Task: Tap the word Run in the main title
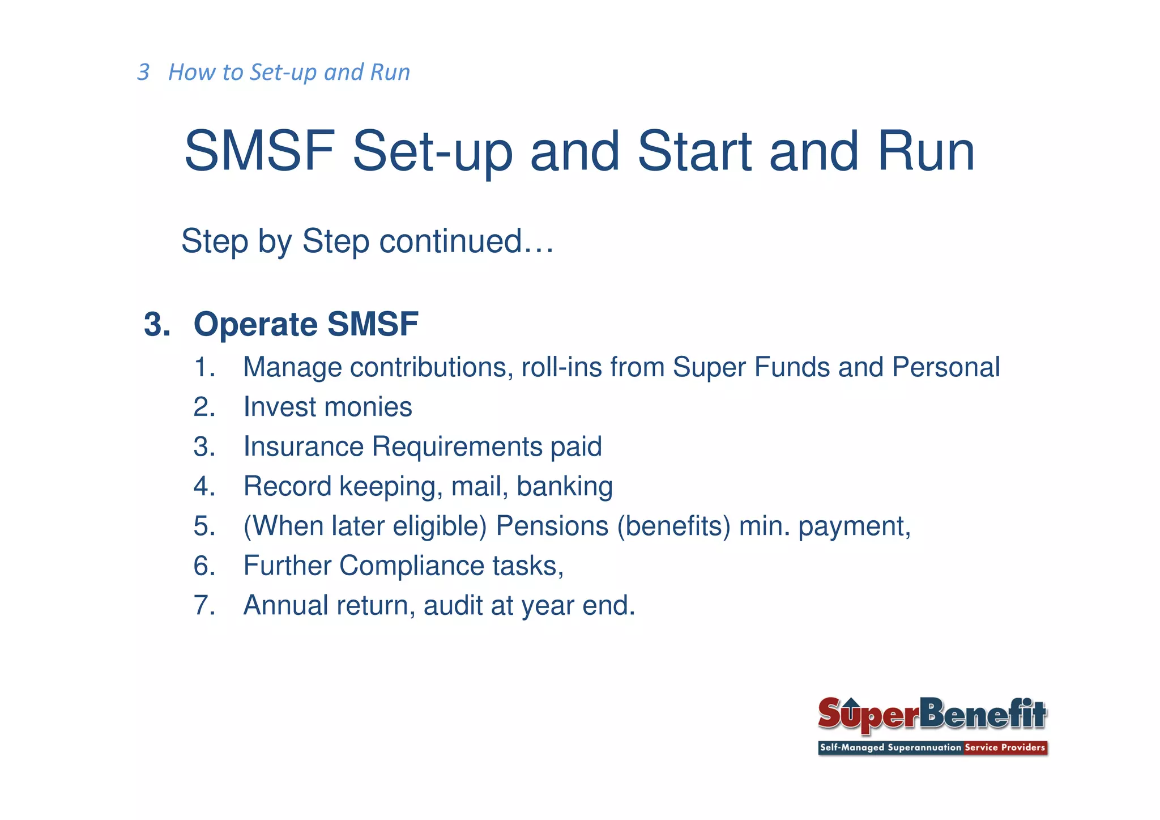pyautogui.click(x=926, y=151)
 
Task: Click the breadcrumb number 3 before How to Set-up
pyautogui.click(x=143, y=73)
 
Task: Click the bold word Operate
pyautogui.click(x=255, y=324)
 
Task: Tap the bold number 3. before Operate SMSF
pyautogui.click(x=157, y=324)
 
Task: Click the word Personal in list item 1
pyautogui.click(x=945, y=367)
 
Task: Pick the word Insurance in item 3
pyautogui.click(x=303, y=447)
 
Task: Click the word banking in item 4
pyautogui.click(x=564, y=487)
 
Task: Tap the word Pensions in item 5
pyautogui.click(x=552, y=526)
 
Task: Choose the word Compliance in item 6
pyautogui.click(x=411, y=566)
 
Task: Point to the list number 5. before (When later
pyautogui.click(x=204, y=526)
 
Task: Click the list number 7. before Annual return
pyautogui.click(x=204, y=605)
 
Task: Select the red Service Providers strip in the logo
pyautogui.click(x=1004, y=747)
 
